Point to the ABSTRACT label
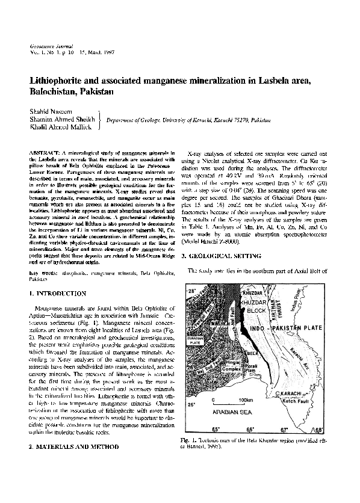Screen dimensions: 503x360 (x=45, y=155)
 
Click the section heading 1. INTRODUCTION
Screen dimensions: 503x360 (x=60, y=293)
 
